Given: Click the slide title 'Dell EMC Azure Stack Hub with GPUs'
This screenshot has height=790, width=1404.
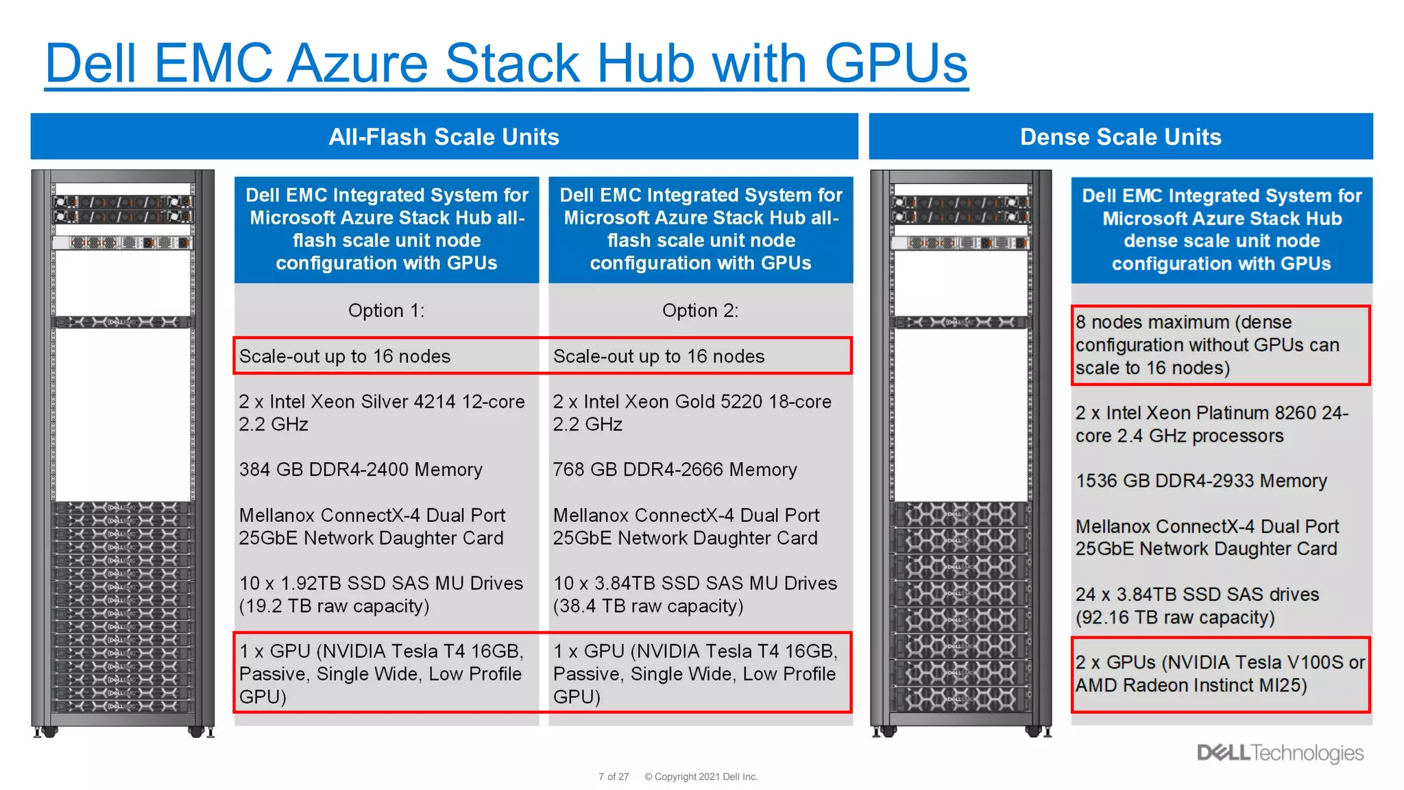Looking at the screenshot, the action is [x=506, y=63].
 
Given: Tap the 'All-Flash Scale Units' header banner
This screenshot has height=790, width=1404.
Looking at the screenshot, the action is [x=444, y=136].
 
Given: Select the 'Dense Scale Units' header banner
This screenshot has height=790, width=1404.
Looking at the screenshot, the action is [x=1120, y=136].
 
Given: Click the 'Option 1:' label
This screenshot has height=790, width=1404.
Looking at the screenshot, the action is [x=386, y=311].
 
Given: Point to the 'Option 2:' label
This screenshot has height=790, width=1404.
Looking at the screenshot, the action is [x=700, y=311].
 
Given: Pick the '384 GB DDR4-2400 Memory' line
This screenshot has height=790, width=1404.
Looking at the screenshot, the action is [x=361, y=470].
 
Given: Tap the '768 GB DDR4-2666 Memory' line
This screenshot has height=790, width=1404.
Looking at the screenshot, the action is [x=675, y=470].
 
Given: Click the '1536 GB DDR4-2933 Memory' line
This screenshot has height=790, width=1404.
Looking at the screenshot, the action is [x=1201, y=481].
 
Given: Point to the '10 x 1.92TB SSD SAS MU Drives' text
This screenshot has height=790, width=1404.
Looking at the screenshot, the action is [x=380, y=584].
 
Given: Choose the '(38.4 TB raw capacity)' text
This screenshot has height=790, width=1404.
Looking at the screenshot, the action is [x=648, y=606].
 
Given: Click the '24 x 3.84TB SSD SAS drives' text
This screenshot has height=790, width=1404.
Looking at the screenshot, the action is [x=1197, y=595].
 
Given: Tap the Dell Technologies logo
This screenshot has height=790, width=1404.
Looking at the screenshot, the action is [x=1280, y=753].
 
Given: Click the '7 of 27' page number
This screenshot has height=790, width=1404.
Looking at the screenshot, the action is [x=613, y=777].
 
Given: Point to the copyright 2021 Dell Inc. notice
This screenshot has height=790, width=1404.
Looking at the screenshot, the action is [x=701, y=777].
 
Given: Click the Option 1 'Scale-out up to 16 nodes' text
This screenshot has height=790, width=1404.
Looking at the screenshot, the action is [x=344, y=357].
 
